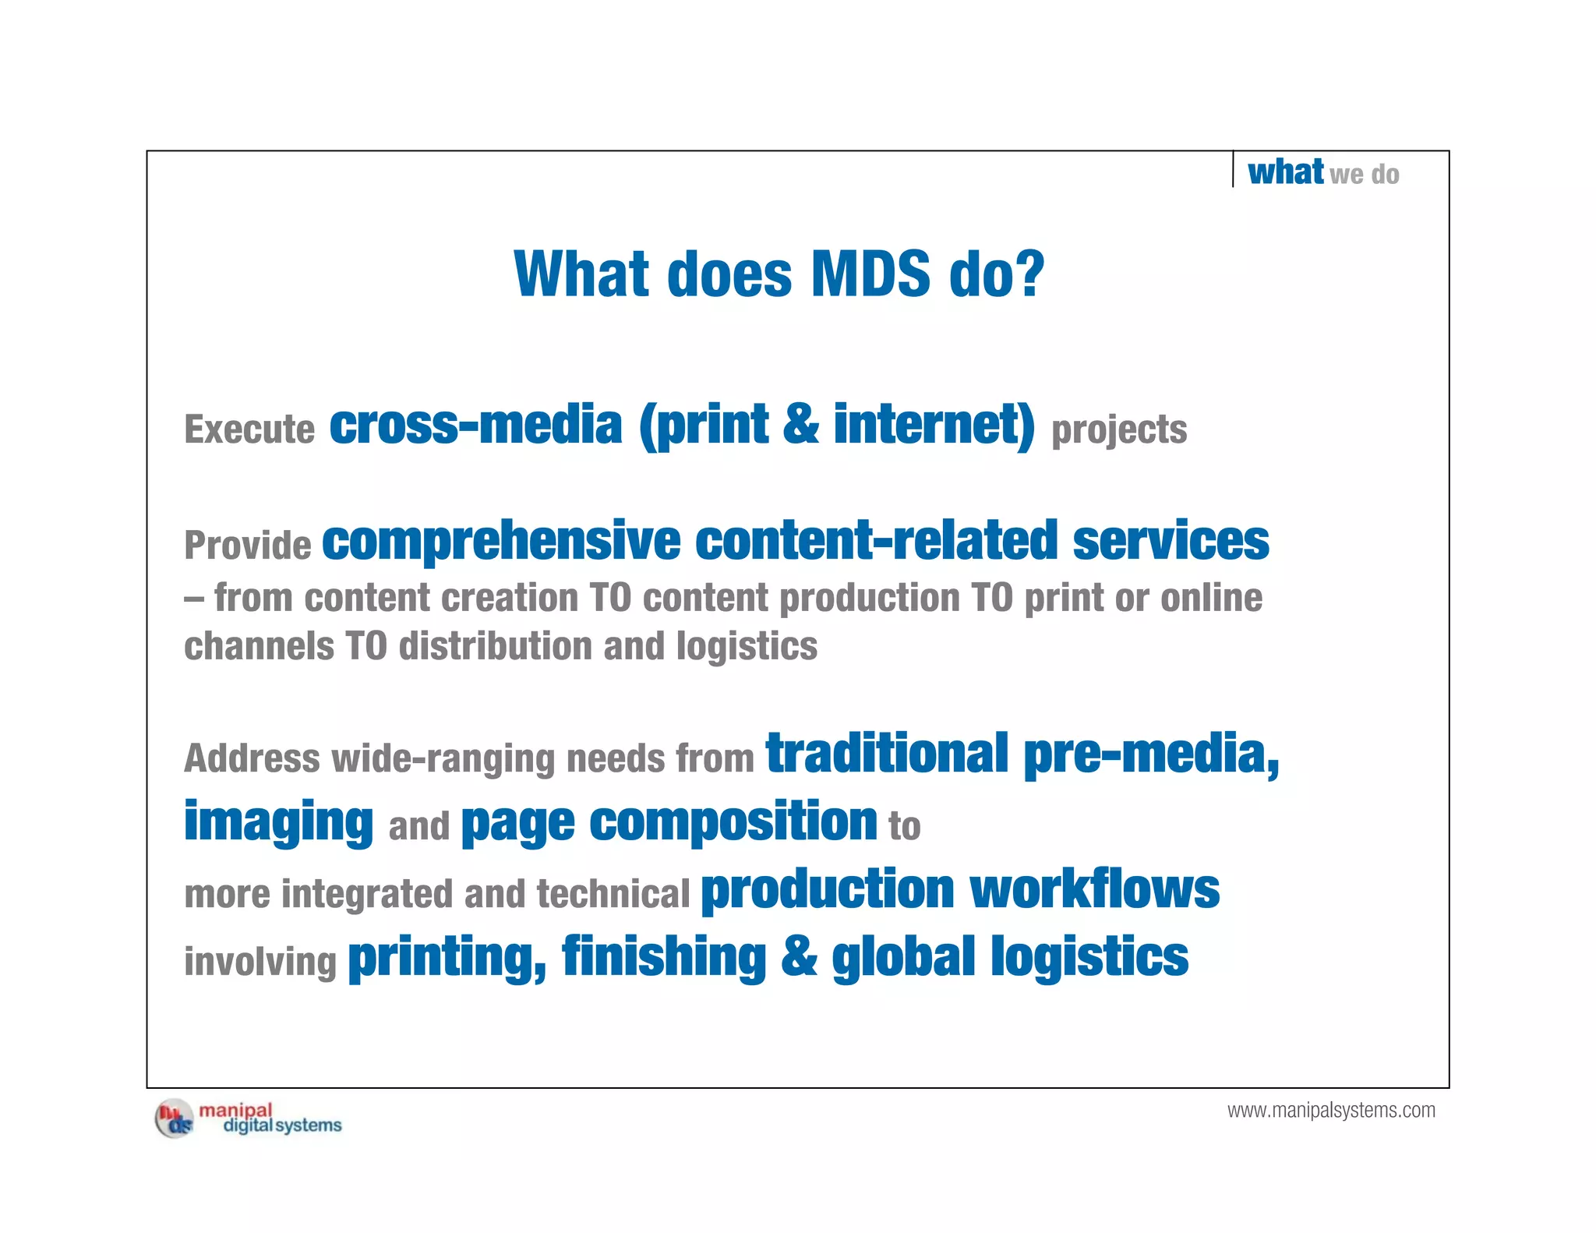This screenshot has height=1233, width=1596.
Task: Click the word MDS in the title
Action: (x=870, y=274)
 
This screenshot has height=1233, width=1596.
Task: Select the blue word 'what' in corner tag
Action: (x=1285, y=171)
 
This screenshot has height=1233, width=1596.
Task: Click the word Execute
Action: (x=249, y=429)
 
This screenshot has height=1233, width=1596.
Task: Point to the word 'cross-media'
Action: (x=475, y=426)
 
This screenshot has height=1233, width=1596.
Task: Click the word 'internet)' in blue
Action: (x=934, y=426)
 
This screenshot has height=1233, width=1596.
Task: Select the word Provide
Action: (x=248, y=545)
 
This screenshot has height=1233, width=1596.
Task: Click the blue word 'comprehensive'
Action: (x=501, y=541)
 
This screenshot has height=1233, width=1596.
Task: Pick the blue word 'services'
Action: (x=1171, y=541)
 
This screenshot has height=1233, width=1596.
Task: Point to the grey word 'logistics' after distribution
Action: (x=747, y=646)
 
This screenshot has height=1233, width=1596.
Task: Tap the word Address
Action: (x=252, y=758)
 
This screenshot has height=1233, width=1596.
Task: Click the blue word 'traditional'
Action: (x=888, y=754)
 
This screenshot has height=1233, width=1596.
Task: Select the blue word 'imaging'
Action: (x=278, y=822)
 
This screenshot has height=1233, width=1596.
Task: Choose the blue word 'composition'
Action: (x=733, y=822)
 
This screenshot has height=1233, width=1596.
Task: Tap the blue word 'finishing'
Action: (x=664, y=957)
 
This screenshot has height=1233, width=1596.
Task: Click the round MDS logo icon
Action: (x=174, y=1119)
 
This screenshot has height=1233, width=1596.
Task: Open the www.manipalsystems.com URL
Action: (x=1331, y=1111)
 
